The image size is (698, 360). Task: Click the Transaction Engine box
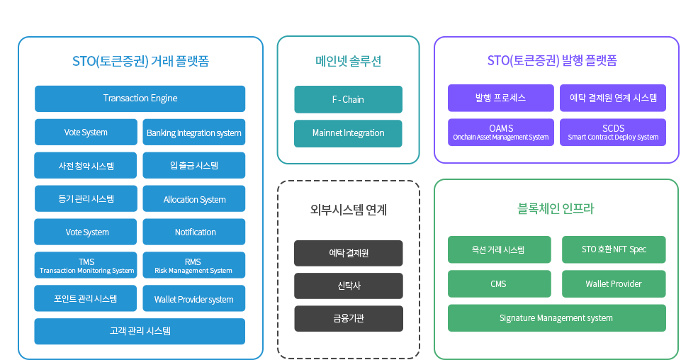coord(140,99)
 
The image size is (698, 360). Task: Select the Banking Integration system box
coord(194,132)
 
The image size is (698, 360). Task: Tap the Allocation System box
coord(194,199)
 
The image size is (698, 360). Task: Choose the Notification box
coord(194,232)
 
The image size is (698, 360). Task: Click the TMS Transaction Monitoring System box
coord(86,265)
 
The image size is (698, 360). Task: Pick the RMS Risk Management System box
coord(194,265)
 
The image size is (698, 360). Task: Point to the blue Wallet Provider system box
coord(194,298)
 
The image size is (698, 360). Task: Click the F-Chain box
coord(348,100)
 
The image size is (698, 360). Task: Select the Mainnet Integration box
coord(348,133)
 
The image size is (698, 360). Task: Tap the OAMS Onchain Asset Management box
coord(501,132)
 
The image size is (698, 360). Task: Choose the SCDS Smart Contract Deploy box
coord(613,132)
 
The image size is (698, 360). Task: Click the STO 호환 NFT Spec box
coord(614,249)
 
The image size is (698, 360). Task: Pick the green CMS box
coord(500,284)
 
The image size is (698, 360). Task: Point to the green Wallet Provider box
coord(614,284)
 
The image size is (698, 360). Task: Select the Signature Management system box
coord(557,318)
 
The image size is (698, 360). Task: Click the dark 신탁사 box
coord(349,286)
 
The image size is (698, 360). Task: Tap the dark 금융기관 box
coord(349,319)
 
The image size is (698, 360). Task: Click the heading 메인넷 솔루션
coord(348,61)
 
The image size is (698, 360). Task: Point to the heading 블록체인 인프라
coord(556,209)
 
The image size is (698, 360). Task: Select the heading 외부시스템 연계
coord(349,210)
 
